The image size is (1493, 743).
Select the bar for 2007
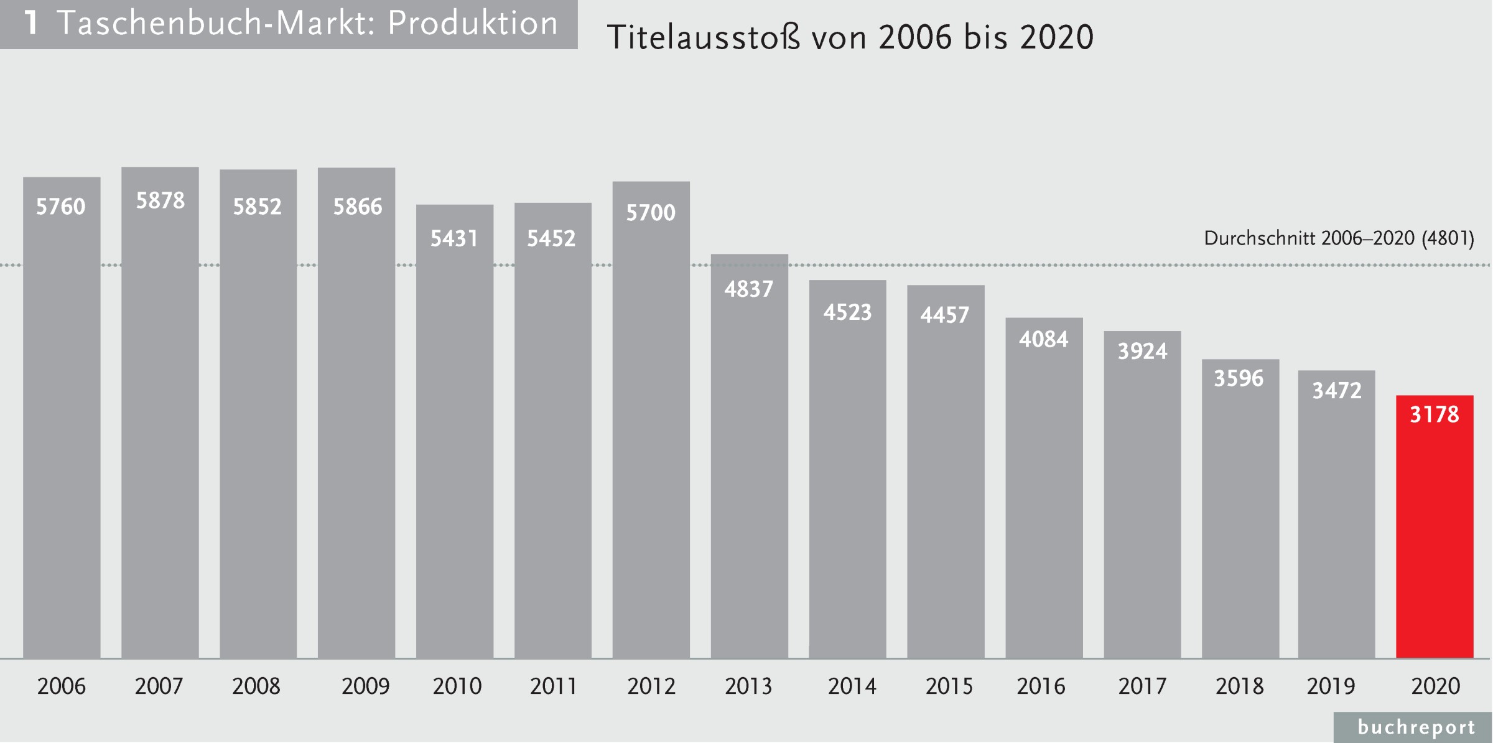pyautogui.click(x=160, y=423)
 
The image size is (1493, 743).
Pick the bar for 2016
pyautogui.click(x=1044, y=498)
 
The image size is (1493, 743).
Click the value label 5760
pyautogui.click(x=60, y=207)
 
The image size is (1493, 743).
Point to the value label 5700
pyautogui.click(x=651, y=213)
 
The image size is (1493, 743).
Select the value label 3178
pyautogui.click(x=1435, y=414)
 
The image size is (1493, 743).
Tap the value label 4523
pyautogui.click(x=847, y=312)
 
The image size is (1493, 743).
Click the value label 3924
pyautogui.click(x=1142, y=352)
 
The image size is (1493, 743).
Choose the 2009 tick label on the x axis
pyautogui.click(x=365, y=686)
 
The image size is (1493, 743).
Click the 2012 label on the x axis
pyautogui.click(x=651, y=686)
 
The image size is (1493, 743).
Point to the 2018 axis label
pyautogui.click(x=1239, y=686)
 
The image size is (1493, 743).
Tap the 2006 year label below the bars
pyautogui.click(x=61, y=686)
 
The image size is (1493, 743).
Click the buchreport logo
pyautogui.click(x=1416, y=727)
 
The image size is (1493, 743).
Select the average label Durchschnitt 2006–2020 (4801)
pyautogui.click(x=1339, y=238)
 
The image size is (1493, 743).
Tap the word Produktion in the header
pyautogui.click(x=473, y=24)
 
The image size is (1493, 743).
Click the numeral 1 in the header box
pyautogui.click(x=31, y=24)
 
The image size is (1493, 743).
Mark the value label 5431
pyautogui.click(x=454, y=238)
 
